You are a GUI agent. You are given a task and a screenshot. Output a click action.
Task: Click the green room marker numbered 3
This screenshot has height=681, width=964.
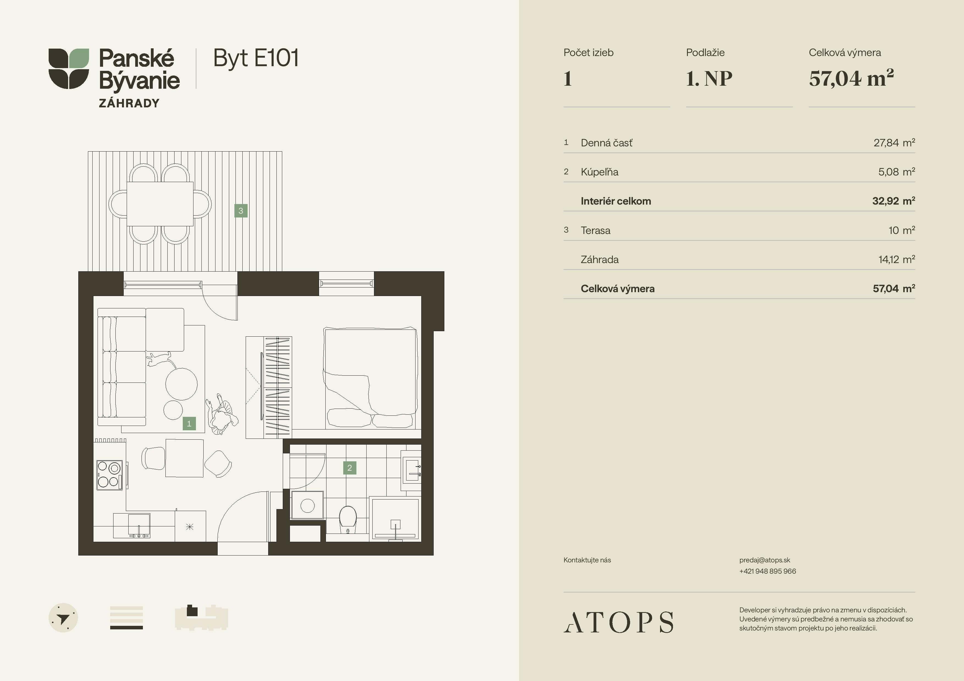click(240, 211)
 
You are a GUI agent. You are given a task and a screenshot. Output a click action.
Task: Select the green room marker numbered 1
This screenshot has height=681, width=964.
click(189, 424)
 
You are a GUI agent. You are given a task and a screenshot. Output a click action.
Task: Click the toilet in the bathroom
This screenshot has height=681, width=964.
click(348, 520)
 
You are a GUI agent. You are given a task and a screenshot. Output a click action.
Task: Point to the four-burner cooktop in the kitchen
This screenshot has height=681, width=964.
click(109, 475)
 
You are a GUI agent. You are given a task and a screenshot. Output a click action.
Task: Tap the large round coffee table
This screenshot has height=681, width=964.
click(181, 384)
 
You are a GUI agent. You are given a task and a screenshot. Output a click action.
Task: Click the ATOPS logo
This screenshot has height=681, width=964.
click(619, 622)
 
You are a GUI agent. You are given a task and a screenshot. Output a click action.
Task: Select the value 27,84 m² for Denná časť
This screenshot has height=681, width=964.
click(894, 143)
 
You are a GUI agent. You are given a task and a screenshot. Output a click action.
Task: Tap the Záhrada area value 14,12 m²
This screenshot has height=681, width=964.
click(896, 259)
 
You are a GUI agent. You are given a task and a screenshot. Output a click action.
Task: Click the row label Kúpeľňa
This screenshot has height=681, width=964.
click(600, 172)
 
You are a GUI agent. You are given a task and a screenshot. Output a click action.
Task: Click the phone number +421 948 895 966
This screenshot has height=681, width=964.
click(768, 571)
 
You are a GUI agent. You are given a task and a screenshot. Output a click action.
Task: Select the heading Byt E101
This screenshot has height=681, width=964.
click(256, 58)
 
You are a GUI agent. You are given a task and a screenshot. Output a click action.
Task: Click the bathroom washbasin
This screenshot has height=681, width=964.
click(411, 470)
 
